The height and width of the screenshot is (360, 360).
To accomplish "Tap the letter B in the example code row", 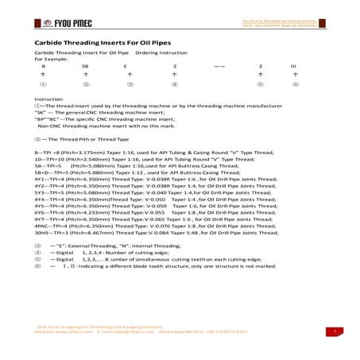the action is tap(43, 66).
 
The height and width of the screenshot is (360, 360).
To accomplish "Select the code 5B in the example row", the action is tap(85, 66).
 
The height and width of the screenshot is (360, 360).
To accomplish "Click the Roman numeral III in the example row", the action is tap(292, 66).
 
